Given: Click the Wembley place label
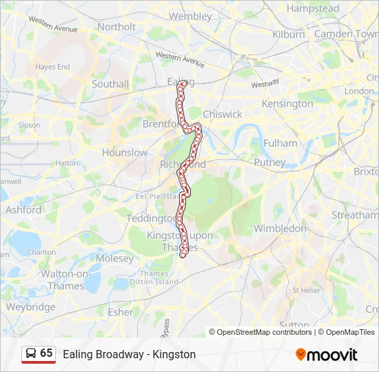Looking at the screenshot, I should tap(190, 16).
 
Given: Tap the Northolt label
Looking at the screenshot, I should tap(116, 27).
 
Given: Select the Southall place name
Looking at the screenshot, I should tap(110, 84).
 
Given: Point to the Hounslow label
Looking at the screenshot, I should tap(125, 152).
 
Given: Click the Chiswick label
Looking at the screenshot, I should tap(223, 114).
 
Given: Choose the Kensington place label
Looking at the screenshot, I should tap(287, 104).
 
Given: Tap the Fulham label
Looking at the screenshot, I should tap(280, 143).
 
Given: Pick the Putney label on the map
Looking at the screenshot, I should tap(269, 163).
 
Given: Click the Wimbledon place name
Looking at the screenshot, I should tap(280, 228).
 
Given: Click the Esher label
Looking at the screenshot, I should tap(121, 311).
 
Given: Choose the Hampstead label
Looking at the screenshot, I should tap(313, 9).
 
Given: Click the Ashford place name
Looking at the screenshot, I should tap(23, 209).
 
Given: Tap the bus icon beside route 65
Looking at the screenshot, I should tap(30, 353).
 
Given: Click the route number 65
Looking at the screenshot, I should tap(46, 353).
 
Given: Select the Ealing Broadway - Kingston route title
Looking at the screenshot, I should tap(130, 354).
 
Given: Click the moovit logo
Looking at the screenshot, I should tap(327, 355).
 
